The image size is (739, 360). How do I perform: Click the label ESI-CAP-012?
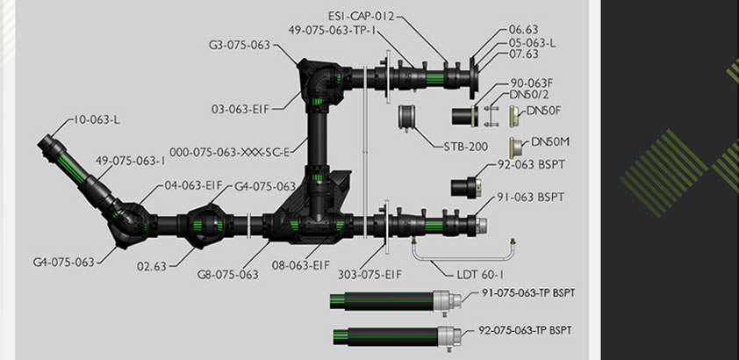pos(361,16)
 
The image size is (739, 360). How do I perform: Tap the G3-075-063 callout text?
pos(240,46)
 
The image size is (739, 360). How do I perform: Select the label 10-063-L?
pos(97,119)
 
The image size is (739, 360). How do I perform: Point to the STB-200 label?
pos(466,147)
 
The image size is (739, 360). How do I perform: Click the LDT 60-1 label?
pos(480,274)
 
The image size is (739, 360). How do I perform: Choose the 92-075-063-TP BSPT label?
pos(525,330)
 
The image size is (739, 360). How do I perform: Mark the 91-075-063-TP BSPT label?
pos(528,292)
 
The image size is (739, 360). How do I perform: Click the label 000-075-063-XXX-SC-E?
pos(230,152)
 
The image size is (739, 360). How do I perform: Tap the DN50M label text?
pos(550,142)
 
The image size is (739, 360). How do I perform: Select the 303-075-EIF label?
pos(369,274)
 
